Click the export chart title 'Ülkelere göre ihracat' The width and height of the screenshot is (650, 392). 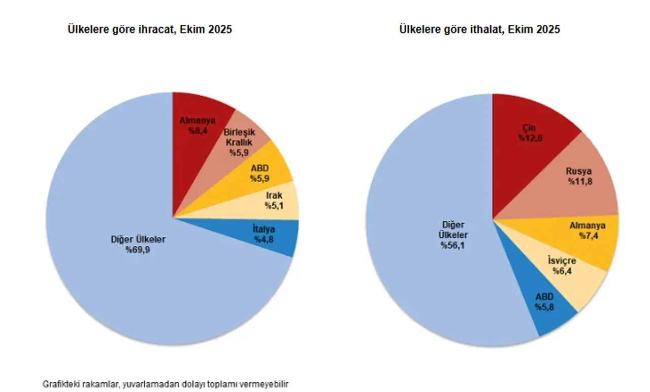pyautogui.click(x=150, y=29)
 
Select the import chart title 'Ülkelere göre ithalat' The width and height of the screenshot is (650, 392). pyautogui.click(x=480, y=29)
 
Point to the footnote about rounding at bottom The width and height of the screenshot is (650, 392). pyautogui.click(x=169, y=383)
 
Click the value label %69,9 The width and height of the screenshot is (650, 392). pyautogui.click(x=138, y=249)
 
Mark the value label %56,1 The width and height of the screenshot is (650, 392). pyautogui.click(x=454, y=245)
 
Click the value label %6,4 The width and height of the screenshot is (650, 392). pyautogui.click(x=562, y=270)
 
